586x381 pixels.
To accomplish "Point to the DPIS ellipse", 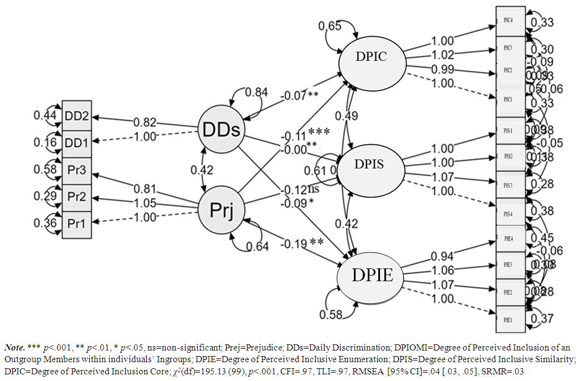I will click(x=370, y=165).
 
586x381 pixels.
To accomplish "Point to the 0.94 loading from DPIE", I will click(x=442, y=256).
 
